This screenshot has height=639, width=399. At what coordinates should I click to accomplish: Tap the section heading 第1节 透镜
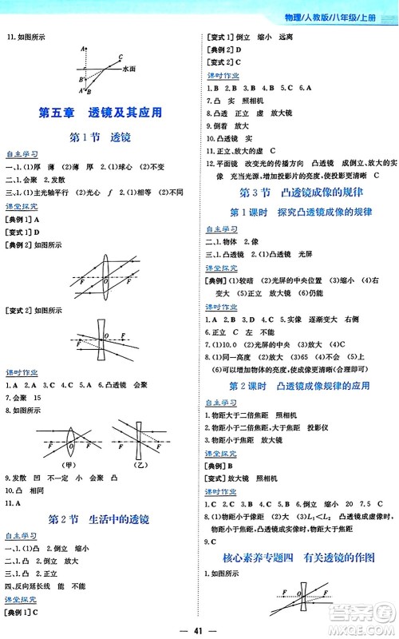(x=101, y=137)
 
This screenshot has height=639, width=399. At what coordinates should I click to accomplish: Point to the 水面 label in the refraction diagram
(x=130, y=70)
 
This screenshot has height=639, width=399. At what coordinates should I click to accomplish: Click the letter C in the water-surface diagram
(x=119, y=57)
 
